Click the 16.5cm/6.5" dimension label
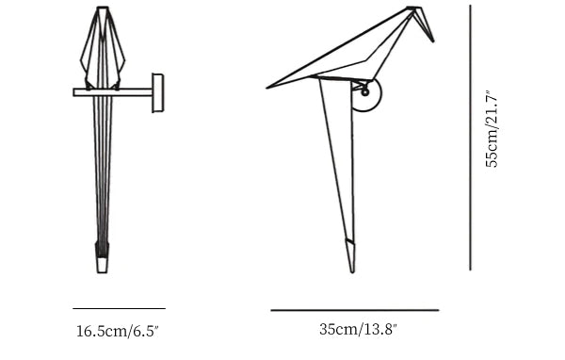point(118,331)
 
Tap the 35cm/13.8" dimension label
point(358,329)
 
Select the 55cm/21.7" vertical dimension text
point(492,129)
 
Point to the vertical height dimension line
point(470,138)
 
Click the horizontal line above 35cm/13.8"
point(355,310)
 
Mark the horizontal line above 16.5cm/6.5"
point(119,308)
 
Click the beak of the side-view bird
point(426,25)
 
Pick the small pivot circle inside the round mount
point(365,92)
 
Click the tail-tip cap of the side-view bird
point(350,255)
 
